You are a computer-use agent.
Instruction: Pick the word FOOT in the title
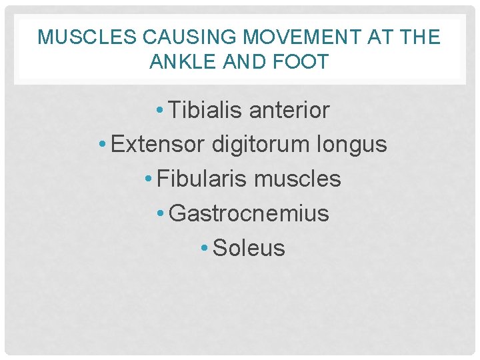pyautogui.click(x=302, y=62)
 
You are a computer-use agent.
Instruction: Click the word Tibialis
pyautogui.click(x=205, y=110)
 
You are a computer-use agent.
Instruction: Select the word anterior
pyautogui.click(x=289, y=110)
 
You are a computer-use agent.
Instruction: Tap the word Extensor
pyautogui.click(x=157, y=145)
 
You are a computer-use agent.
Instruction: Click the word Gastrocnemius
pyautogui.click(x=249, y=214)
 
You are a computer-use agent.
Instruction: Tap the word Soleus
pyautogui.click(x=249, y=249)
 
